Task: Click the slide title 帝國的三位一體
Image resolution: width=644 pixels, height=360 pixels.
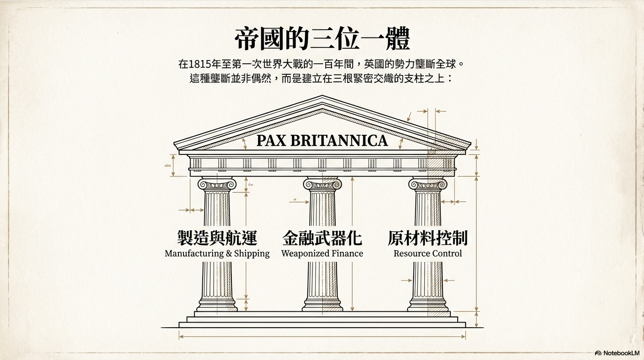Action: [x=322, y=38]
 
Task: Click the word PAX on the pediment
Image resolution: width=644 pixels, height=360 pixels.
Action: [x=271, y=140]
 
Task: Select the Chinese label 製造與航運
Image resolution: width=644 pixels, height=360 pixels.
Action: [x=217, y=238]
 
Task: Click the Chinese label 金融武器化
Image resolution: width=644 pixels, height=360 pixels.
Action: [x=322, y=238]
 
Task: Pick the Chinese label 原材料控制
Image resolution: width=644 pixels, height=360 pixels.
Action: [x=428, y=238]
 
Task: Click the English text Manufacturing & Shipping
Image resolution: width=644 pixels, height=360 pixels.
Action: [x=217, y=254]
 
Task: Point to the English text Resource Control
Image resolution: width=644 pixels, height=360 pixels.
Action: [x=428, y=254]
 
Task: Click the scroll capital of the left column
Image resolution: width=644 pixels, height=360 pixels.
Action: [x=217, y=184]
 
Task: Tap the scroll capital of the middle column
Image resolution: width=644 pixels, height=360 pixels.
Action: [x=322, y=184]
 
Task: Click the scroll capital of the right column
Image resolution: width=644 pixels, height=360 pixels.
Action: [x=428, y=184]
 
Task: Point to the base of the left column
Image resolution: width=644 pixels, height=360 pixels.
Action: [x=217, y=306]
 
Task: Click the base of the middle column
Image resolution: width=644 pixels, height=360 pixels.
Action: [x=322, y=306]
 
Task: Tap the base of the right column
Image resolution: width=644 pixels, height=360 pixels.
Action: [x=428, y=306]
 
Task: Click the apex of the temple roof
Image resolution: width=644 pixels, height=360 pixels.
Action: [x=322, y=97]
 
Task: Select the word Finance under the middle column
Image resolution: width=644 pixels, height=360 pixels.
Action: [x=348, y=254]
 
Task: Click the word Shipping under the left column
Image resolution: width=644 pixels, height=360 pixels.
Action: [x=252, y=254]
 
